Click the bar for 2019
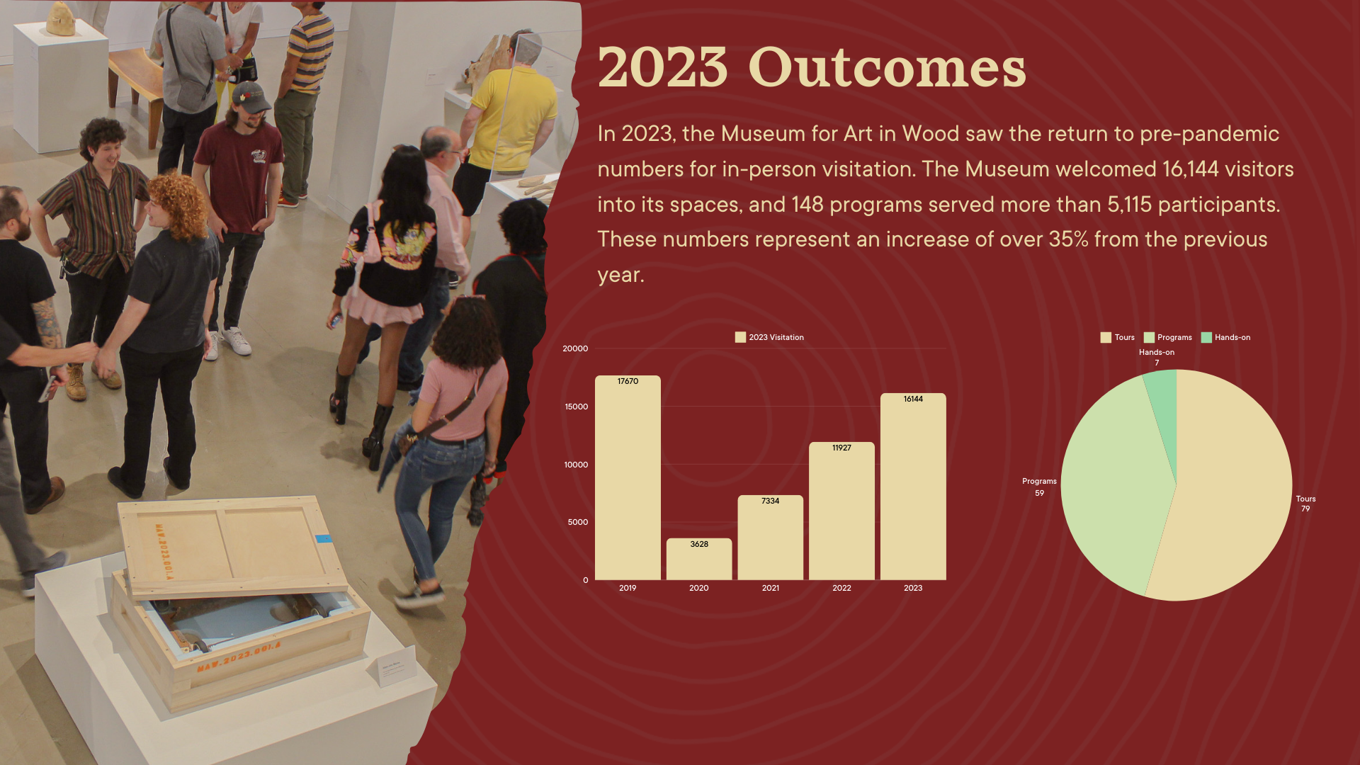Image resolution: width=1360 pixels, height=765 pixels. point(628,477)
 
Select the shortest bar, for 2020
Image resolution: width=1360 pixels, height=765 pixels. point(699,559)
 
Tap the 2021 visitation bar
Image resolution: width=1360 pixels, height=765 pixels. point(771,538)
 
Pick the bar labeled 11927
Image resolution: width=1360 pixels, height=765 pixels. point(841,511)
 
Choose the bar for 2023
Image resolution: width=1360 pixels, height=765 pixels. point(913,487)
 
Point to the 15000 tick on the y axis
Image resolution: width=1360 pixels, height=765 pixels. point(576,407)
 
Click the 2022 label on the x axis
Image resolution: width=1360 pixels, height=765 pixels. point(841,588)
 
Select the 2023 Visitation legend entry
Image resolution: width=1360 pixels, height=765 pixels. point(769,337)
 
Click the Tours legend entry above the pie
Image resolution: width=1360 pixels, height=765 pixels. point(1117,337)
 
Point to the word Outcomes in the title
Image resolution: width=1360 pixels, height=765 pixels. point(887,68)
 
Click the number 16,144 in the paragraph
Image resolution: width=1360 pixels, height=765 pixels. point(1190,169)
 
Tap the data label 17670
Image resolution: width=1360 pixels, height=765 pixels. point(628,381)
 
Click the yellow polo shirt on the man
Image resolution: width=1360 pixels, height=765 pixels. point(513,117)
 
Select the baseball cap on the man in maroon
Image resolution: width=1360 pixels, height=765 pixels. point(249,97)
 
